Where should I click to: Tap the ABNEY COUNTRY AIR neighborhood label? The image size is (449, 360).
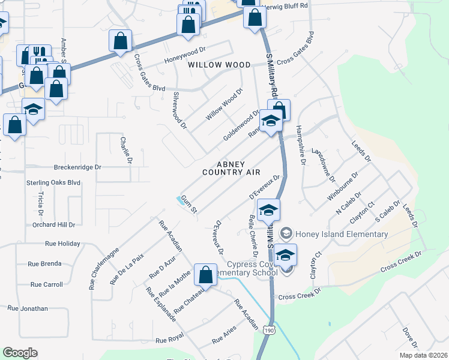coord(223,167)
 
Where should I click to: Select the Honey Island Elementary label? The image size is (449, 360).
coord(334,234)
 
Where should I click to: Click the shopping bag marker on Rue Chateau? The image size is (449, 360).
coord(205,275)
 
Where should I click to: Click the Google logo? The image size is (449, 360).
coord(20,353)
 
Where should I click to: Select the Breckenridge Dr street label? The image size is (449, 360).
coord(74,167)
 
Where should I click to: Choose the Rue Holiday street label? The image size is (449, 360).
coord(62,244)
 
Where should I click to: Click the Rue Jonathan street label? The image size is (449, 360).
coord(27,308)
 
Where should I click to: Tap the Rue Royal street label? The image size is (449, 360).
coord(169,340)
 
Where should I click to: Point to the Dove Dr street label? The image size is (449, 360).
coord(410,337)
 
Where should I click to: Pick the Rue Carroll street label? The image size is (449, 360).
coord(46,284)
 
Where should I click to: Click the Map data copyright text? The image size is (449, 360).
coord(423,355)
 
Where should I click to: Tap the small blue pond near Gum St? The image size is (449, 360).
coord(180,200)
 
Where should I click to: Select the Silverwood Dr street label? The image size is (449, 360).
coord(179,111)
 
